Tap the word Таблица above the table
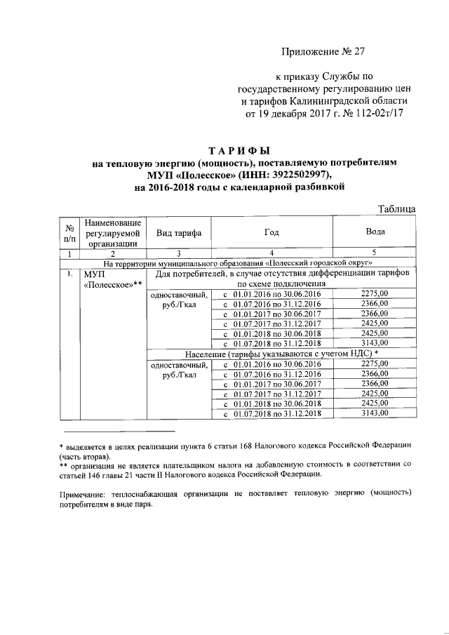397,208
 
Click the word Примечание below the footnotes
85,494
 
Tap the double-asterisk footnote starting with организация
239,469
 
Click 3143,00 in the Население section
375,413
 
